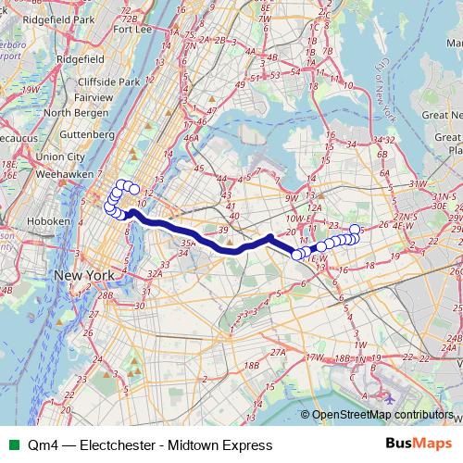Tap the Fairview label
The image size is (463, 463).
94,96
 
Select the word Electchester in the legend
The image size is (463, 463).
123,445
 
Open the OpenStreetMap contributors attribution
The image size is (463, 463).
383,416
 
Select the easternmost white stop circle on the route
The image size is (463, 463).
355,229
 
